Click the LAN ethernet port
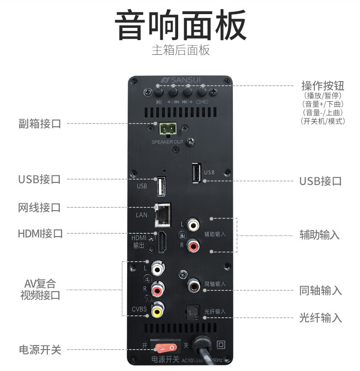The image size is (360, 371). (x=163, y=215)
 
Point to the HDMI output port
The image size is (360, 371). (x=161, y=242)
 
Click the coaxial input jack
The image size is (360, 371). (x=193, y=285)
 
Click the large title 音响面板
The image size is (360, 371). (x=180, y=25)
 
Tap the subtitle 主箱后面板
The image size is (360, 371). (x=180, y=50)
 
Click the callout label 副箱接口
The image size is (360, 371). (x=40, y=124)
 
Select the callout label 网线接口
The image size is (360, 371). (x=40, y=208)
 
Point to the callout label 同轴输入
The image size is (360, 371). (x=320, y=290)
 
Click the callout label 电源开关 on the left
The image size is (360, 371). (x=40, y=350)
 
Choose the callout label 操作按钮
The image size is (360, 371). (x=323, y=86)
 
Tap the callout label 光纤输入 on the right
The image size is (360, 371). (x=320, y=318)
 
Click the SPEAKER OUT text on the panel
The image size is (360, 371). (x=168, y=142)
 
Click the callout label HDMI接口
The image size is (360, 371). (x=40, y=234)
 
